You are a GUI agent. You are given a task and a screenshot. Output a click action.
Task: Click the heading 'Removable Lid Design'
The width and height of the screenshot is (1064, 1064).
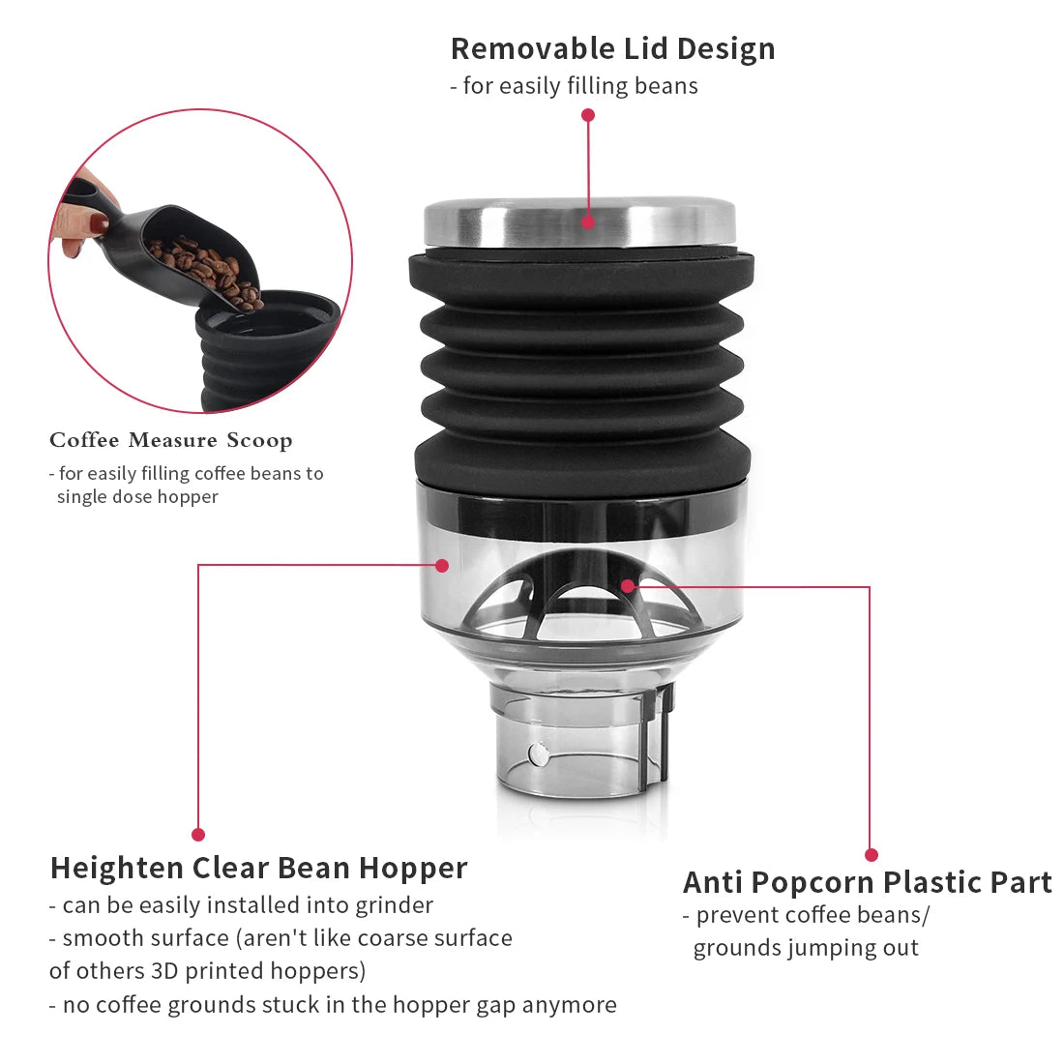612,48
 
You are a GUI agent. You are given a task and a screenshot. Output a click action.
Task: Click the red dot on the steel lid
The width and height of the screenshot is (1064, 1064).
588,222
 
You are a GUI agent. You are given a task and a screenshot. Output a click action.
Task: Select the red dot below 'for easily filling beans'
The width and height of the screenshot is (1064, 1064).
588,115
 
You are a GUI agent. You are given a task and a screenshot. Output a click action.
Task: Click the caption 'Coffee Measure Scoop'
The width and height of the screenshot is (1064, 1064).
171,440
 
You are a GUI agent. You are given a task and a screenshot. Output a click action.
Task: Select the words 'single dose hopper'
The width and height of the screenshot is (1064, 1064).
137,497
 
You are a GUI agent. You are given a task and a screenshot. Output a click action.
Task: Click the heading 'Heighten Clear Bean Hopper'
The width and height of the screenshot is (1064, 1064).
258,868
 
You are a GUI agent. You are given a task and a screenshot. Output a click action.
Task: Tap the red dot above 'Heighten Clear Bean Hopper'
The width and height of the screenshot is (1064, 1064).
198,834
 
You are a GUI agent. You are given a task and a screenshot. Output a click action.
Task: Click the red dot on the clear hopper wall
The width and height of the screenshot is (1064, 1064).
442,565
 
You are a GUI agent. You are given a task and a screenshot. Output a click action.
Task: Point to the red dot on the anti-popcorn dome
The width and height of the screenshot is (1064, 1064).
628,585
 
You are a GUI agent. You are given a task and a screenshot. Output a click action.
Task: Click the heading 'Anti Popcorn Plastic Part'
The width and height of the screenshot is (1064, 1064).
867,882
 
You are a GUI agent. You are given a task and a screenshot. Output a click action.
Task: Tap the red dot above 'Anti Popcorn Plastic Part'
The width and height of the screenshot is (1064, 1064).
871,855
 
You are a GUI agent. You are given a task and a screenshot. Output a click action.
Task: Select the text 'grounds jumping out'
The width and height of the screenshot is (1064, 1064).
806,948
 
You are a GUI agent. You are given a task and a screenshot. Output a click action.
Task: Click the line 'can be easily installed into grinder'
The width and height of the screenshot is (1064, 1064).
247,905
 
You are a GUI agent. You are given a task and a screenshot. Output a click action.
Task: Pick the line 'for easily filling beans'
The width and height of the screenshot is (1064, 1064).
579,86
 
